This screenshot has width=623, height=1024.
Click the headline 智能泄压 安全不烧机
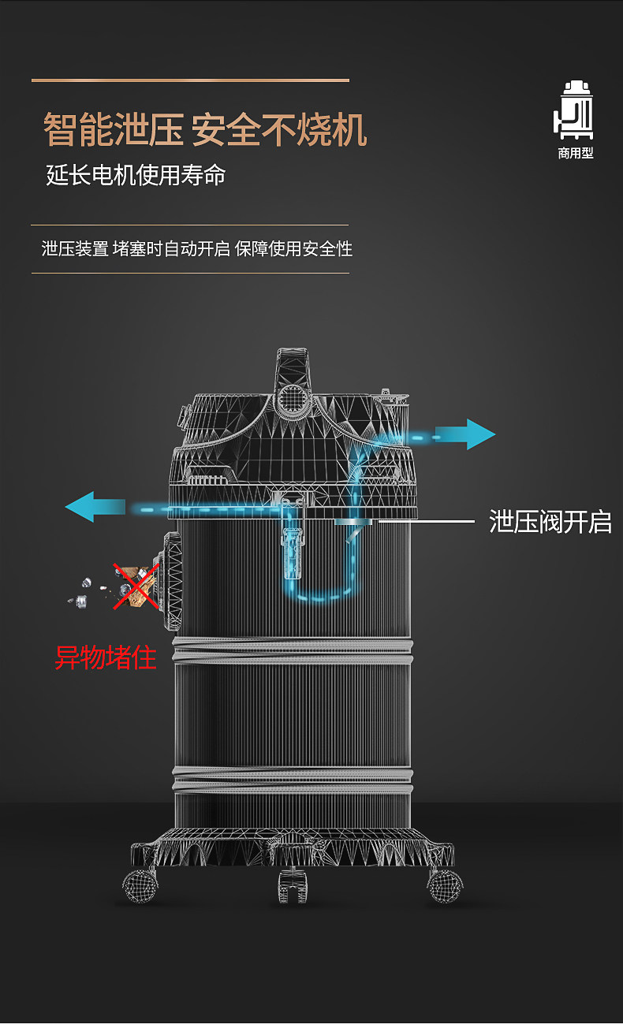[x=205, y=130]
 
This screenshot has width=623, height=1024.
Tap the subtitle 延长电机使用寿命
[x=136, y=174]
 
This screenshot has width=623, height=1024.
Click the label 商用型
[x=575, y=154]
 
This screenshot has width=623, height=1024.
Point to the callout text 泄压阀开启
[x=550, y=522]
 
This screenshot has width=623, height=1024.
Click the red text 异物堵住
[x=106, y=656]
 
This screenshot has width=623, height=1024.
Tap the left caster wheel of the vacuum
[x=140, y=884]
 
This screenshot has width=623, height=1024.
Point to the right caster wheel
[x=445, y=884]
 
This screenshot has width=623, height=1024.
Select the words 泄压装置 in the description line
[x=75, y=249]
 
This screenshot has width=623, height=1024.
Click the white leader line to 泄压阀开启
[x=426, y=521]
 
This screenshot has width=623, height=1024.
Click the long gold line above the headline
[x=190, y=80]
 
